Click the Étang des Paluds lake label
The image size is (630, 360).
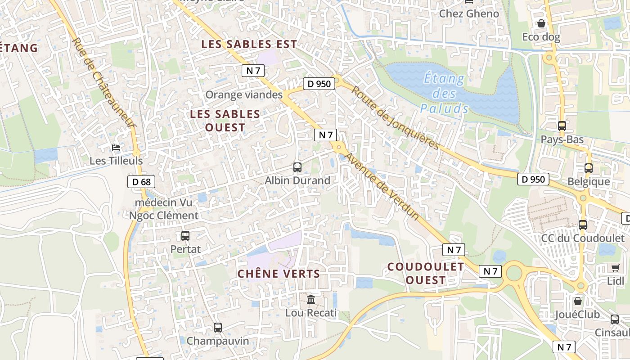point(445,94)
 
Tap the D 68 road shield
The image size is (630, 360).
point(141,182)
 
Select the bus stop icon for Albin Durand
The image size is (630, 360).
point(297,167)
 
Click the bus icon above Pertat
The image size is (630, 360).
point(185,235)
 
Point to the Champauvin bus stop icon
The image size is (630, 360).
point(218,328)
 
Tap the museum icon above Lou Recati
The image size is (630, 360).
point(311,299)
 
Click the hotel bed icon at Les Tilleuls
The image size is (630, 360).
point(116,148)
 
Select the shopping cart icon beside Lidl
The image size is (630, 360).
point(615,268)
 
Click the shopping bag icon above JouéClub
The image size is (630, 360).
point(578,301)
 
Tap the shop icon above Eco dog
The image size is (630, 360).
point(541,23)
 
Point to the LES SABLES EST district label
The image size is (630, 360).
point(249,44)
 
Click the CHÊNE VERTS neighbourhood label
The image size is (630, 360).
point(279,274)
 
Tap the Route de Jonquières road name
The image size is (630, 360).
point(395,118)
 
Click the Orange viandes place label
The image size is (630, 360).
point(244,94)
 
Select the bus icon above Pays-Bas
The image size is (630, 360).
point(562,126)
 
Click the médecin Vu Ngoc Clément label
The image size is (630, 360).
point(164,209)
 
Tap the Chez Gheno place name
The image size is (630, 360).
point(469,13)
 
